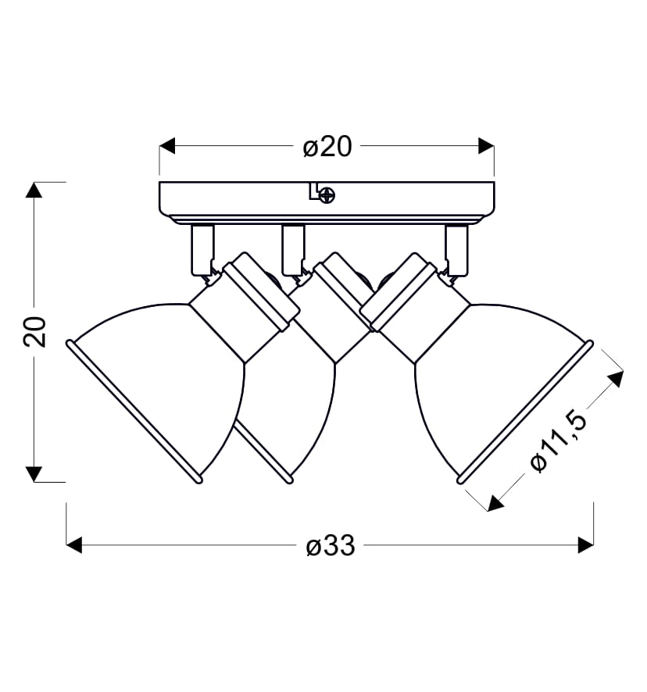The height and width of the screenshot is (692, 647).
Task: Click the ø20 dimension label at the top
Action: (327, 147)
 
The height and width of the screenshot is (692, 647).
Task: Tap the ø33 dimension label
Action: (331, 546)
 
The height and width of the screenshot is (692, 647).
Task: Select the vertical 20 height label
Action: (35, 331)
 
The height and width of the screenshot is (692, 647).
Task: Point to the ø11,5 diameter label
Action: (559, 442)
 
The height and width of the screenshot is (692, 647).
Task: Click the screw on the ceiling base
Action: (327, 194)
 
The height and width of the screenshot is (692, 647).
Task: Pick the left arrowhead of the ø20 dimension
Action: (167, 145)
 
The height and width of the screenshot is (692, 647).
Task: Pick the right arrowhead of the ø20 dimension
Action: (486, 145)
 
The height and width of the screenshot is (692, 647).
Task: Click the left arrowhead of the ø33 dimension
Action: (74, 545)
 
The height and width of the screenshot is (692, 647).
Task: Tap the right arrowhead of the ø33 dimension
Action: (585, 545)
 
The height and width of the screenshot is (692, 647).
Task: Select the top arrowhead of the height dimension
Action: (34, 190)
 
